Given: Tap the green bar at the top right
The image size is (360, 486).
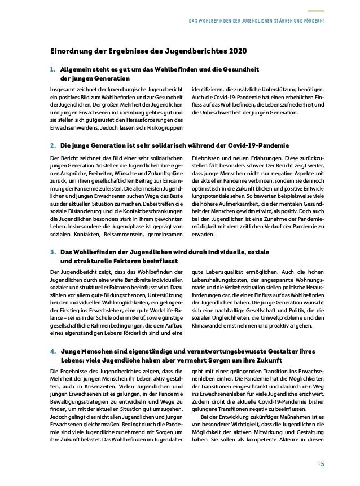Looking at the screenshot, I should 315,10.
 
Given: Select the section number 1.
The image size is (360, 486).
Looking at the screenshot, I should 52,69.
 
